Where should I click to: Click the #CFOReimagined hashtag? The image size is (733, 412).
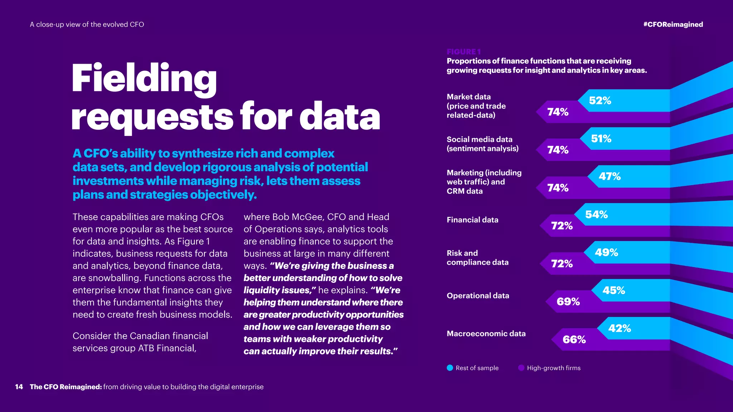pos(673,24)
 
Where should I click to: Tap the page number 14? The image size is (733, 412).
pos(19,387)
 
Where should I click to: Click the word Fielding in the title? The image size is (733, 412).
pos(144,78)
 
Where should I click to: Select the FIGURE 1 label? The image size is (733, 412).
pos(463,51)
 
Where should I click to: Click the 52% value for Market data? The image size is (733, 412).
pos(600,100)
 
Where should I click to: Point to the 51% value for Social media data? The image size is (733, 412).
pos(601,138)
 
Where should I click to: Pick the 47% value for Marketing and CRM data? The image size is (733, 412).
pos(610,176)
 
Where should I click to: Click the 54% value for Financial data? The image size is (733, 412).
pos(596,214)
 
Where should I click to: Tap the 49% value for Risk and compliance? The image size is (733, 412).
pos(606,252)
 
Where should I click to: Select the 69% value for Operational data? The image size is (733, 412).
pos(568,301)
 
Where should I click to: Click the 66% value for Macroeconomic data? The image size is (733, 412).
pos(574,339)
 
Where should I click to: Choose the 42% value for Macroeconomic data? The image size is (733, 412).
pos(620,328)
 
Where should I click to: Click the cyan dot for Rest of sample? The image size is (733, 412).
pos(450,368)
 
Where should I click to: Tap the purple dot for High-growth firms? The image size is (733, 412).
pos(521,368)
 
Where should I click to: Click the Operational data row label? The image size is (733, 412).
pos(478,295)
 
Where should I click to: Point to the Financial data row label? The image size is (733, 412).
pos(472,220)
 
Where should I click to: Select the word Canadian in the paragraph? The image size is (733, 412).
pos(150,336)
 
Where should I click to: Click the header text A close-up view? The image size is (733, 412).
pos(87,24)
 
